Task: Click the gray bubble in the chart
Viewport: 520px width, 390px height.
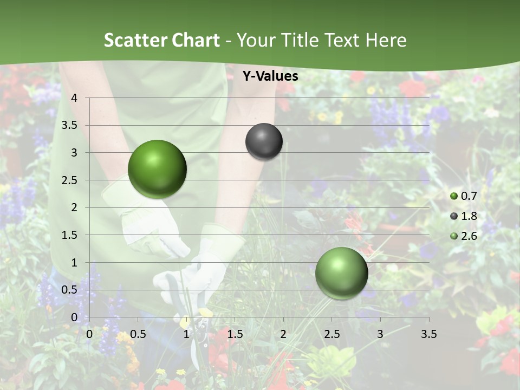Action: click(264, 141)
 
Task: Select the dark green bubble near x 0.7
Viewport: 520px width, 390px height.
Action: click(157, 169)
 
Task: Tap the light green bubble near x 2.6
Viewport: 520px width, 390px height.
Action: click(341, 273)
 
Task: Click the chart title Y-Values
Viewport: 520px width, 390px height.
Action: click(270, 76)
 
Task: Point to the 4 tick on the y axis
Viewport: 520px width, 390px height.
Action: click(74, 98)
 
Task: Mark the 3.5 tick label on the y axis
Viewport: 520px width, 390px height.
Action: click(70, 126)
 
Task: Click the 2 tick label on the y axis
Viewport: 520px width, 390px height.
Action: click(74, 207)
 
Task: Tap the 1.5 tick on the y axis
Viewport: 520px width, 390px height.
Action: click(70, 235)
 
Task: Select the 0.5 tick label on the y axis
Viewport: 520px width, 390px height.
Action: click(70, 290)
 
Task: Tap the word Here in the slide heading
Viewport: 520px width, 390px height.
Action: click(386, 40)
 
